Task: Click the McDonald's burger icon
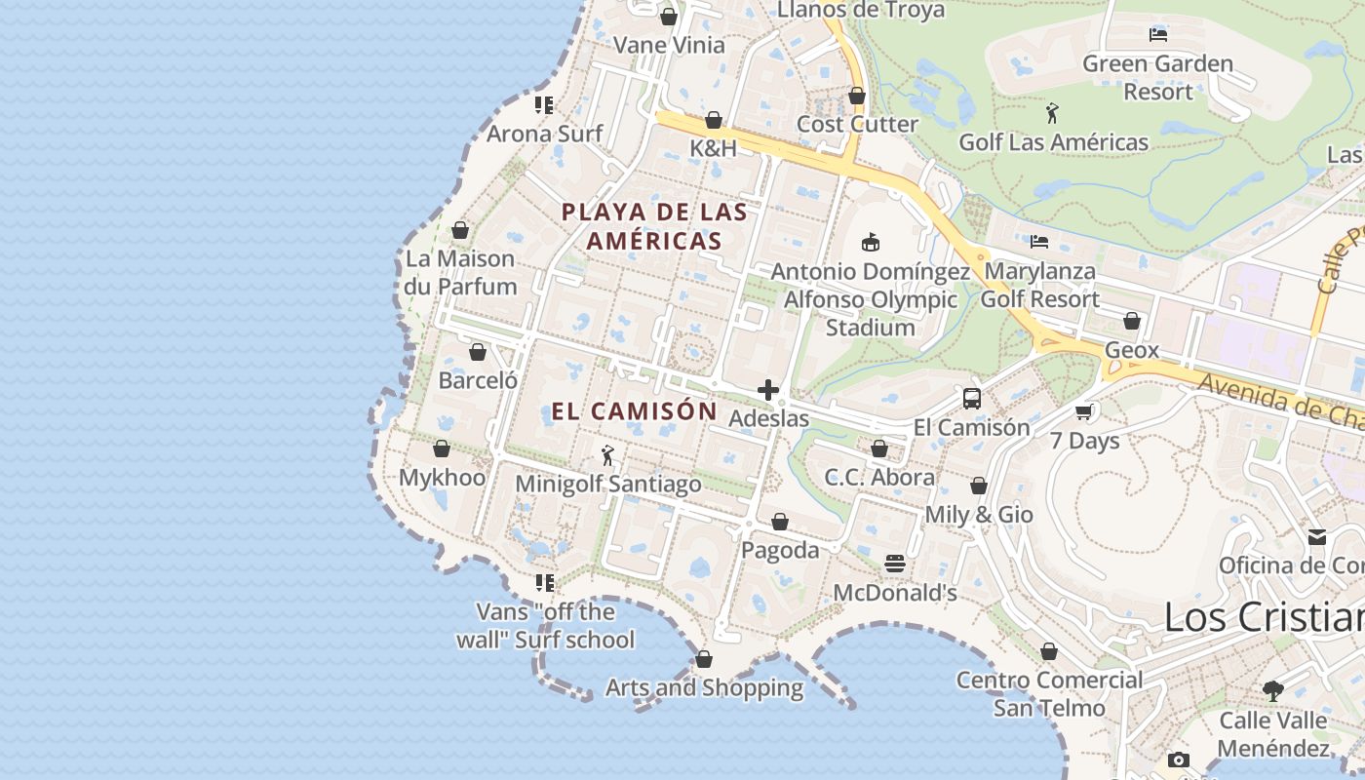[894, 564]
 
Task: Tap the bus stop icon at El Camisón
[972, 398]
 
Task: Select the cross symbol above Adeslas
[768, 390]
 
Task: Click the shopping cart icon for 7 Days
[1084, 411]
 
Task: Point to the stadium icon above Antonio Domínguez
[871, 242]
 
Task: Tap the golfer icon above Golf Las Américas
[1052, 113]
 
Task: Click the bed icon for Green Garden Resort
[1158, 35]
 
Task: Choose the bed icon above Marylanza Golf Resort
[1039, 242]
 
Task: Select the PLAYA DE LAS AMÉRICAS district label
[654, 226]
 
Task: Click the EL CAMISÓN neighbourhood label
[635, 411]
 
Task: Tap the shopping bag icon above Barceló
[478, 352]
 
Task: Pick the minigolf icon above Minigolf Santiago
[607, 455]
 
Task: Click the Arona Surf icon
[544, 105]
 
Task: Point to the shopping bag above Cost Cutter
[857, 96]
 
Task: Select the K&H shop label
[714, 148]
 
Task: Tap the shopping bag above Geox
[1132, 321]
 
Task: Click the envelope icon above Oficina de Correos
[1317, 537]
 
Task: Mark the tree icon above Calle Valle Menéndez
[1272, 691]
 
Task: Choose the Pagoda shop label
[780, 550]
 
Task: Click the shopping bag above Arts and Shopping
[704, 659]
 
